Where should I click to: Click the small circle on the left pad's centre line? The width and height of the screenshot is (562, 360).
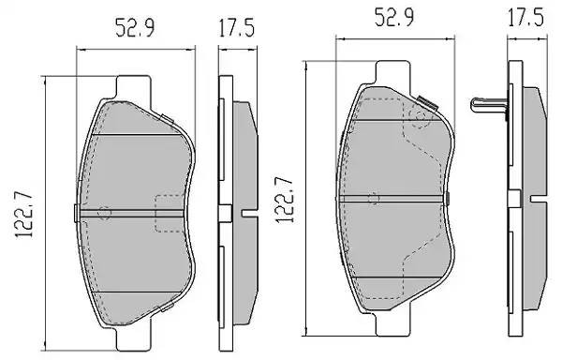tap(104, 213)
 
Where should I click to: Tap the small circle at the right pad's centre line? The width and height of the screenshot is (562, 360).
tap(374, 198)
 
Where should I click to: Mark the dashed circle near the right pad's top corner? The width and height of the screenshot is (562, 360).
tap(421, 116)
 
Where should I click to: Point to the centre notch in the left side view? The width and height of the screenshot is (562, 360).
tap(249, 213)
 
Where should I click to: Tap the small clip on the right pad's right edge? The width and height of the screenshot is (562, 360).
tap(449, 193)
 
